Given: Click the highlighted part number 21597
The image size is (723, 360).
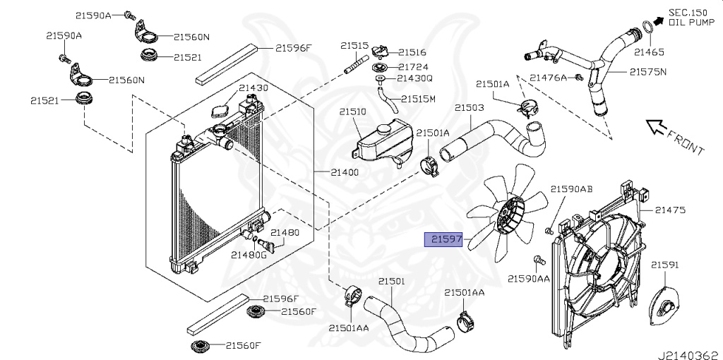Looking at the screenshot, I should coord(443,240).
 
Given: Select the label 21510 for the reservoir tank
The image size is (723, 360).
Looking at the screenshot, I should coord(352,112).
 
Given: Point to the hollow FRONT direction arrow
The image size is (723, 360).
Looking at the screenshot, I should coord(656,127).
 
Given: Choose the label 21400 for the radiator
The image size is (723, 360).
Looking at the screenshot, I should coord(344,172).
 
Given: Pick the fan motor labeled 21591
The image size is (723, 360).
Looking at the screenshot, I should coord(664,304).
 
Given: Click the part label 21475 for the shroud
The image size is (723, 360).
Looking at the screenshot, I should coord(670,210).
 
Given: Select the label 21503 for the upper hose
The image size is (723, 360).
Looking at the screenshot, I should coord(469,108).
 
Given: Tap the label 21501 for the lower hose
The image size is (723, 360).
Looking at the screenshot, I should coord(391,281).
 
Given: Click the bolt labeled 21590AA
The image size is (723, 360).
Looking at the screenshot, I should coord(538,261).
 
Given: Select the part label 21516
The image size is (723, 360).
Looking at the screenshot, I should coord(412,52).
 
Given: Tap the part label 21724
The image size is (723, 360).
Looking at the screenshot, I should coord(412,66).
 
